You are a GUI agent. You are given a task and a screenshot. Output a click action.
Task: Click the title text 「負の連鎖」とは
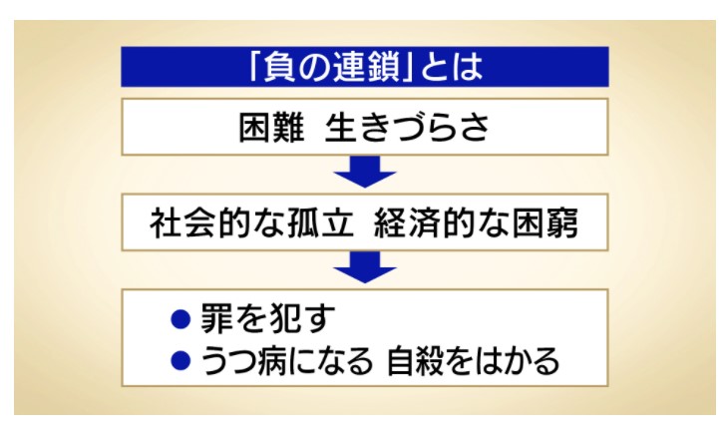[x=365, y=67]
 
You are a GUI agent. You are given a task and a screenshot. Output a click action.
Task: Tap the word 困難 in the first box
[x=272, y=127]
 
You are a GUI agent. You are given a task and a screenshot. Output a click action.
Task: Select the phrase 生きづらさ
[x=407, y=127]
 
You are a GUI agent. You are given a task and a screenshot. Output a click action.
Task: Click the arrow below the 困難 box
[x=365, y=172]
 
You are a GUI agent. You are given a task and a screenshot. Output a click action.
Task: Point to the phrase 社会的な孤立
[x=251, y=222]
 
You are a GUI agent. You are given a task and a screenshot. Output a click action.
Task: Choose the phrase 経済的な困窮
[x=476, y=222]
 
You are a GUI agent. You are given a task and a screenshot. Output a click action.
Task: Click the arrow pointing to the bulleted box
[x=365, y=267]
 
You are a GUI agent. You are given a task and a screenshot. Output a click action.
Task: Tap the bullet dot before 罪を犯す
[x=181, y=318]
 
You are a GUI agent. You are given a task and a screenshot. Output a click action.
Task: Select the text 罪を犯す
[x=267, y=318]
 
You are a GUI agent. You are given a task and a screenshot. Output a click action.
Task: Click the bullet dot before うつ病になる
[x=181, y=360]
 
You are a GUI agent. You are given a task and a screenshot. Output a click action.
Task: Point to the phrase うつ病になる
[x=286, y=361]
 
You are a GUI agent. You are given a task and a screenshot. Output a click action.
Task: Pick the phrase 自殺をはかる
[x=473, y=361]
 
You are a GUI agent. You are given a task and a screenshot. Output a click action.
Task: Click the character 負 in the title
[x=280, y=67]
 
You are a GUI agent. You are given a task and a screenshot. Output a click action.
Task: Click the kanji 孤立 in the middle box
[x=320, y=222]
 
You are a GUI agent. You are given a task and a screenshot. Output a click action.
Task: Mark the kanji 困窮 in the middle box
[x=545, y=222]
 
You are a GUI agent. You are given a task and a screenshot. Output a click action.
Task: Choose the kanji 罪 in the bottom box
[x=216, y=318]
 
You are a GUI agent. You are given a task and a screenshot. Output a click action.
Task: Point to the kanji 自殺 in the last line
[x=419, y=361]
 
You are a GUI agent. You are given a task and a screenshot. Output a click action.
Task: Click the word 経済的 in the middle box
[x=424, y=222]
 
